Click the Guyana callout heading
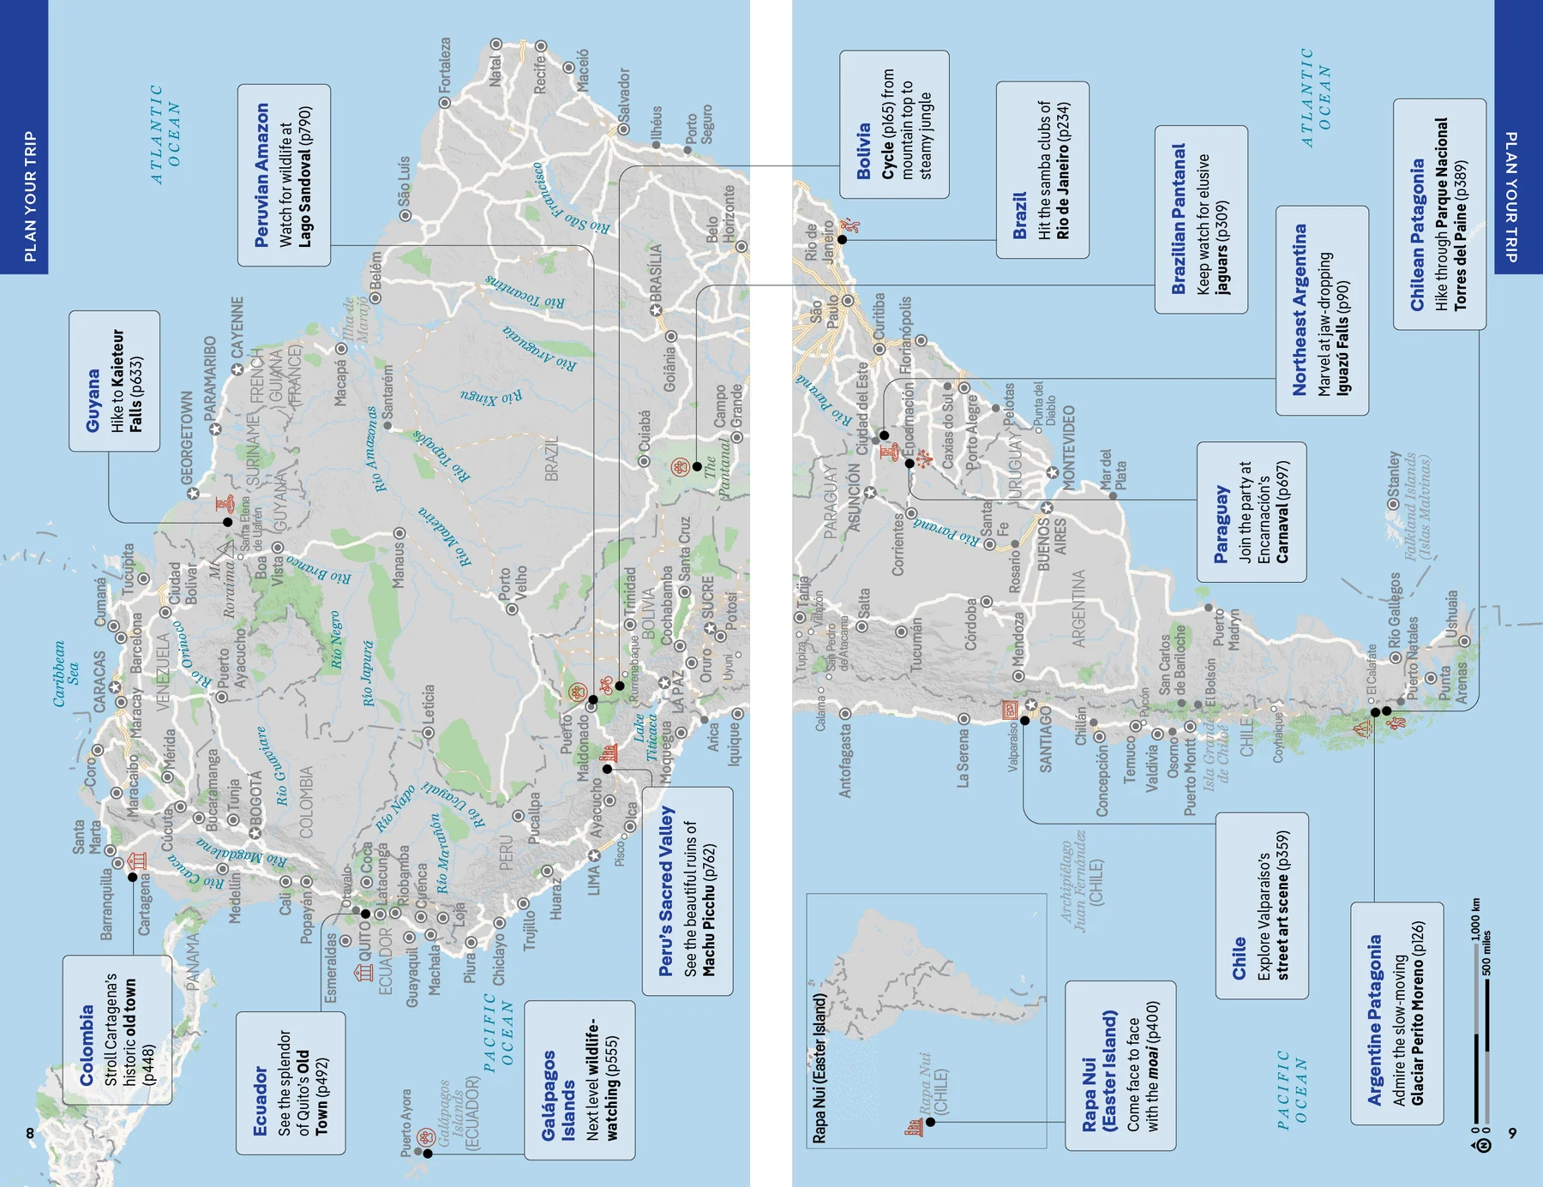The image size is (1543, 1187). [93, 400]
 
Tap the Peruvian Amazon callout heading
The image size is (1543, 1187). [261, 176]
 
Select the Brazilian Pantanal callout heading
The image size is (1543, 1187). [1179, 219]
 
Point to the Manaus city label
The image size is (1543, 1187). [398, 566]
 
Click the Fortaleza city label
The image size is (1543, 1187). [444, 66]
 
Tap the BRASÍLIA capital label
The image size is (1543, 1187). [656, 273]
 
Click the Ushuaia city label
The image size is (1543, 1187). [1450, 613]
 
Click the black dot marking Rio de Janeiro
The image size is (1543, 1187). [842, 240]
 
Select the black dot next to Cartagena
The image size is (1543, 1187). [133, 877]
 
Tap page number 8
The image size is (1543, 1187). [30, 1133]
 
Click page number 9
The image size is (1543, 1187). [1512, 1133]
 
